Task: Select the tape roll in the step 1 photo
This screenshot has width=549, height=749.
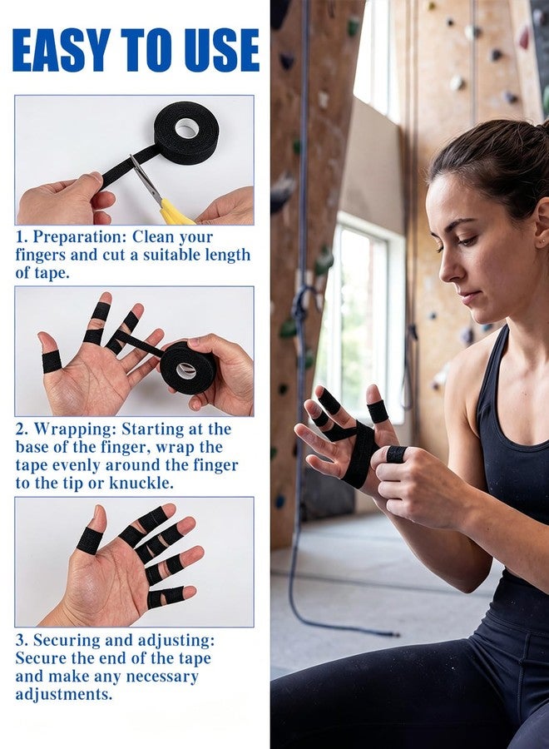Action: coord(186,132)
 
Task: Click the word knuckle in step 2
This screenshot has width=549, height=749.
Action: coord(141,483)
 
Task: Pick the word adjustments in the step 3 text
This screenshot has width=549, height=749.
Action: coord(64,695)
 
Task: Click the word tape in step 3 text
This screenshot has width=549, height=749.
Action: coord(195,658)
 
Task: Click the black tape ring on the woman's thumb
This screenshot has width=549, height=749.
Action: coord(396,454)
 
